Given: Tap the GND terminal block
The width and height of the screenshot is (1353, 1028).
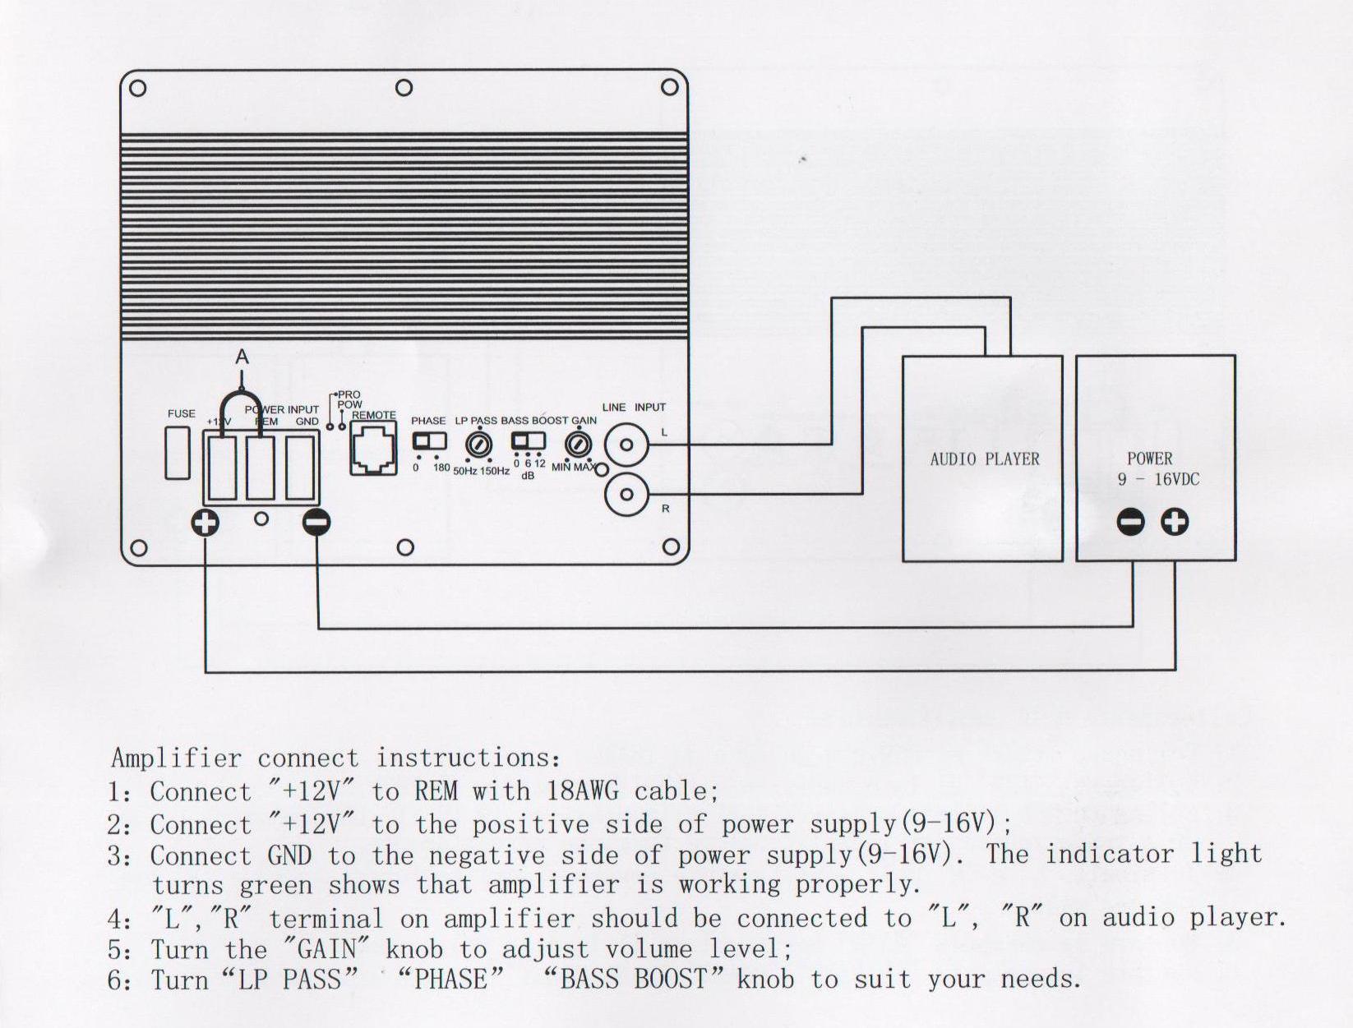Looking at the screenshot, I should pyautogui.click(x=301, y=468).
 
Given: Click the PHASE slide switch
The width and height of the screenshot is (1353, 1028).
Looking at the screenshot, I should pyautogui.click(x=429, y=441).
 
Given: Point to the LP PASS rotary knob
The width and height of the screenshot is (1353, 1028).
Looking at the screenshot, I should pyautogui.click(x=479, y=445).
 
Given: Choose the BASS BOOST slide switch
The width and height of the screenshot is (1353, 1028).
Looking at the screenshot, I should pyautogui.click(x=528, y=441).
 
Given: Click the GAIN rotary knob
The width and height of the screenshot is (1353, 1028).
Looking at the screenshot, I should pyautogui.click(x=578, y=445).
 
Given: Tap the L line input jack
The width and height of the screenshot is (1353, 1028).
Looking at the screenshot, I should pyautogui.click(x=626, y=445).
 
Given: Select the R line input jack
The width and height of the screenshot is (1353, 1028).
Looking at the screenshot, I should pyautogui.click(x=626, y=495).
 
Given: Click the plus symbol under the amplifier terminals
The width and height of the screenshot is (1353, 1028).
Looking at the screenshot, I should pyautogui.click(x=205, y=523).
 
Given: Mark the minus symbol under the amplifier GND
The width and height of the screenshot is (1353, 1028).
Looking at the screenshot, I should pyautogui.click(x=316, y=523).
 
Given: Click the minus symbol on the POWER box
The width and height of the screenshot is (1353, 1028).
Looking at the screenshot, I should pyautogui.click(x=1131, y=522).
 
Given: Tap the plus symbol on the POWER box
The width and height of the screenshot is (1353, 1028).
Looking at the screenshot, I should pyautogui.click(x=1175, y=522).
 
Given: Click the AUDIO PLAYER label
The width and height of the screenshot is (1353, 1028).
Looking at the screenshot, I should pyautogui.click(x=984, y=459).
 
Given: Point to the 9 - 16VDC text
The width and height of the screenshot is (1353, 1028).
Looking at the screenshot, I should pyautogui.click(x=1158, y=479).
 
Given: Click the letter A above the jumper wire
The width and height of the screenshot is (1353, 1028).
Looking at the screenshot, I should pyautogui.click(x=242, y=357).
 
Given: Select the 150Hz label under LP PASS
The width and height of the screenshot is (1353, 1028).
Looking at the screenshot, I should pyautogui.click(x=495, y=471).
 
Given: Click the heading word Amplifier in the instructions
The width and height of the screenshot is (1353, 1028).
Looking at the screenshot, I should pyautogui.click(x=176, y=758).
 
